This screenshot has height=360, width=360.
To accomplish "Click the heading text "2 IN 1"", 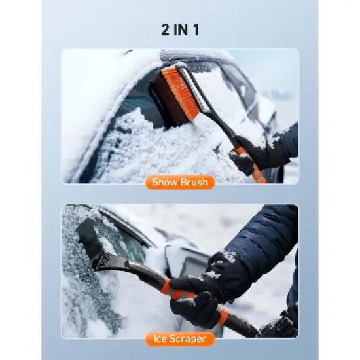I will point(180,29).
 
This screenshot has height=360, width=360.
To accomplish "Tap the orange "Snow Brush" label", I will point(180,181).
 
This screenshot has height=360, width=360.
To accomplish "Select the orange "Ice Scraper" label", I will point(180,338).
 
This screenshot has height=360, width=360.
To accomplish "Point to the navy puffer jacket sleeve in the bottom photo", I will point(262,236).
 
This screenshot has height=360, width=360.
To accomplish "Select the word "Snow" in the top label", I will point(164,181).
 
